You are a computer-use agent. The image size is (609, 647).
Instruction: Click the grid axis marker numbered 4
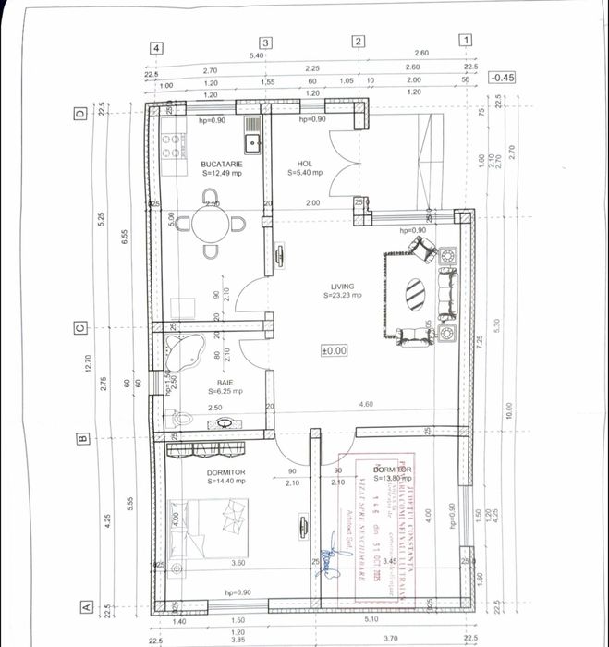(x=158, y=48)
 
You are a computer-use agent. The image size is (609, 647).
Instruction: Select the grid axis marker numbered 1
(x=466, y=41)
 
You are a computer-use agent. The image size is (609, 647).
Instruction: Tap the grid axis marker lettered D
(x=79, y=115)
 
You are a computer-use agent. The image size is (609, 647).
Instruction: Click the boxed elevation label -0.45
(x=504, y=79)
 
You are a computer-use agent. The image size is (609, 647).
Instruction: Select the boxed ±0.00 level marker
(x=333, y=350)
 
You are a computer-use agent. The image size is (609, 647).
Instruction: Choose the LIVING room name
(x=344, y=286)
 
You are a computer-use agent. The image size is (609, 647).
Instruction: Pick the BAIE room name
(x=225, y=381)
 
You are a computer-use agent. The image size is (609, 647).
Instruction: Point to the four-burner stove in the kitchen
(x=170, y=142)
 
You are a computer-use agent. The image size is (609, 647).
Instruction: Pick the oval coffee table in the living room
(x=415, y=295)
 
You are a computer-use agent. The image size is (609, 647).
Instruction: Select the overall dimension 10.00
(x=507, y=409)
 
